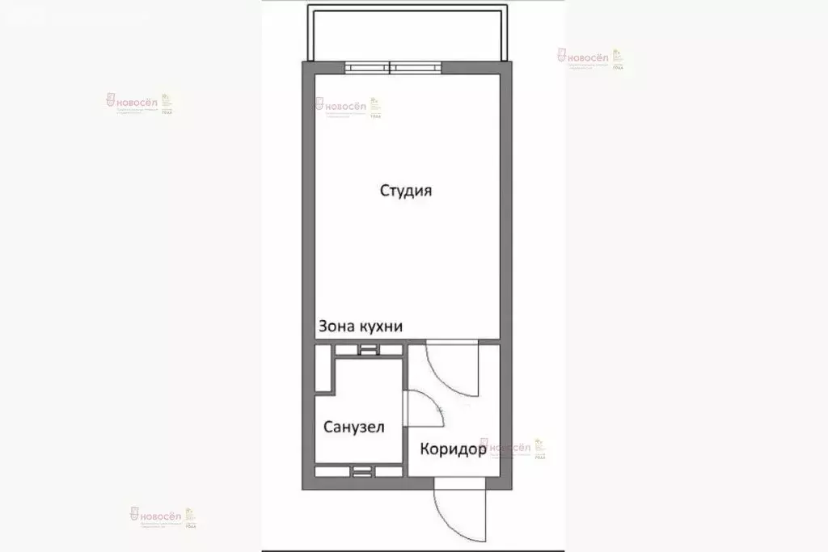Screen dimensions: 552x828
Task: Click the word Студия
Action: [406, 192]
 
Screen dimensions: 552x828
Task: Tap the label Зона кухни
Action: [361, 327]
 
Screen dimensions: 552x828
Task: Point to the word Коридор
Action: [453, 449]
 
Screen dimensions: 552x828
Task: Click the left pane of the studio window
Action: [367, 67]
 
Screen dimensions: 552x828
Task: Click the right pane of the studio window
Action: [414, 67]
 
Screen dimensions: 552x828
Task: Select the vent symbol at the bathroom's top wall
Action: [368, 349]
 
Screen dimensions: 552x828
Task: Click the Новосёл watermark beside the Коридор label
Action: [511, 449]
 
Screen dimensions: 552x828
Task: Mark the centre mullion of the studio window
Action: [391, 67]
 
